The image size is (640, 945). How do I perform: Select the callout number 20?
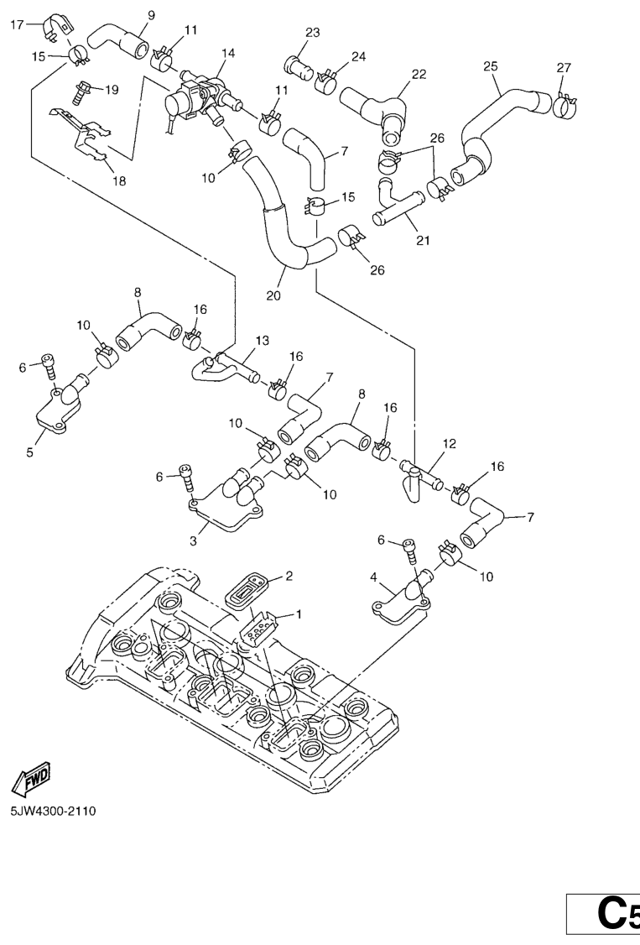click(273, 295)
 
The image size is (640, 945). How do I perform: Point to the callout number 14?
click(228, 53)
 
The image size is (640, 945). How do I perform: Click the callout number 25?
click(491, 65)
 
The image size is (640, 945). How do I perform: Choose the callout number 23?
click(313, 34)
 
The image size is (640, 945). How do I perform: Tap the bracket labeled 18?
click(88, 134)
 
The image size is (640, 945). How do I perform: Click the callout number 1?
click(299, 614)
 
